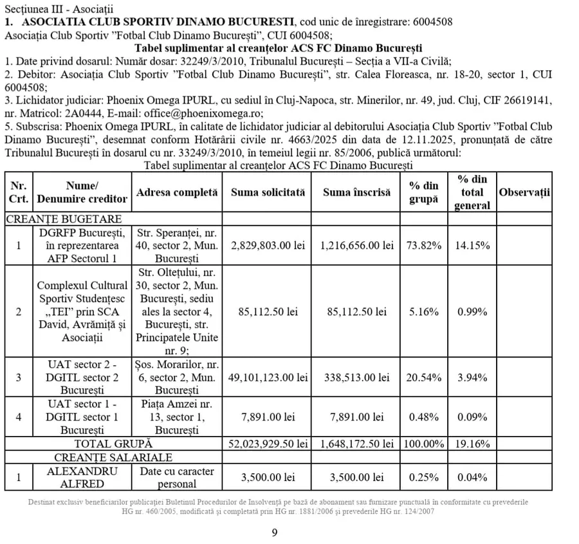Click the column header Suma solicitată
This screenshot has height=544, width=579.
click(268, 192)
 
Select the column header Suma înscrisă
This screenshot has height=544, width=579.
click(356, 192)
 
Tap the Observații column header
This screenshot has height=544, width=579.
click(525, 192)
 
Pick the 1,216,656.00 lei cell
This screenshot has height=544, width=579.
click(356, 246)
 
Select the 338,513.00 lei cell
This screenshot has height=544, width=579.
click(356, 377)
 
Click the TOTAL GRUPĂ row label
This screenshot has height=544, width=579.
click(113, 444)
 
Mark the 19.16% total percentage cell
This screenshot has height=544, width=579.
click(473, 444)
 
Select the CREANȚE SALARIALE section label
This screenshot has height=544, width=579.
click(113, 458)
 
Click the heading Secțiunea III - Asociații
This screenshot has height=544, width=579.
click(58, 8)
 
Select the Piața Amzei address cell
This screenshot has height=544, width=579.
click(172, 417)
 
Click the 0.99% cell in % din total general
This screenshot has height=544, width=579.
click(473, 312)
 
